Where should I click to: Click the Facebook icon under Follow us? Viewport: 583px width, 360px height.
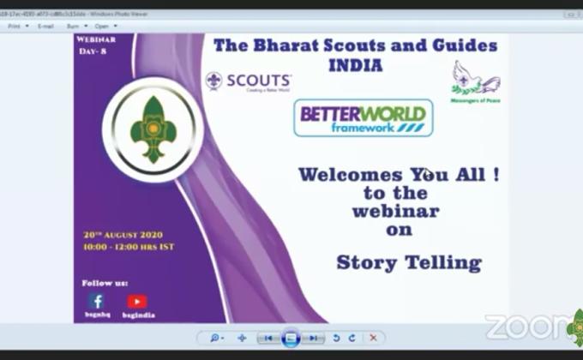click(96, 301)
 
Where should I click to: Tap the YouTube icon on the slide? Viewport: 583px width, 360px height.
click(137, 301)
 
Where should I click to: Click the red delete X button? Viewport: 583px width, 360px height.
click(373, 338)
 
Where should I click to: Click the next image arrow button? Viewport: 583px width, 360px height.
click(315, 338)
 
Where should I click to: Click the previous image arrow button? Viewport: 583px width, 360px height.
click(268, 338)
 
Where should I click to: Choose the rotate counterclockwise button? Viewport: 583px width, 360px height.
click(336, 338)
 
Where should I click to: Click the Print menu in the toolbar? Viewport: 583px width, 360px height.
click(14, 26)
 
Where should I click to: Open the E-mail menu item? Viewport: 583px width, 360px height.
click(45, 26)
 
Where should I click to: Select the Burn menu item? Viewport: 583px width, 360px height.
click(75, 26)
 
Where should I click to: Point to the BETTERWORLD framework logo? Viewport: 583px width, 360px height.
click(364, 117)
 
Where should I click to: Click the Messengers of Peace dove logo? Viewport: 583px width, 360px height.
click(475, 79)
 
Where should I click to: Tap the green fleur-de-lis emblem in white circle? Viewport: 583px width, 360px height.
click(153, 130)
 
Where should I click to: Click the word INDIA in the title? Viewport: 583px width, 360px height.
click(354, 65)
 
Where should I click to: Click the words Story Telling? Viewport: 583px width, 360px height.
click(408, 262)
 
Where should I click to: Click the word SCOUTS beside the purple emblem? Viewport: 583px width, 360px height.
click(259, 80)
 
